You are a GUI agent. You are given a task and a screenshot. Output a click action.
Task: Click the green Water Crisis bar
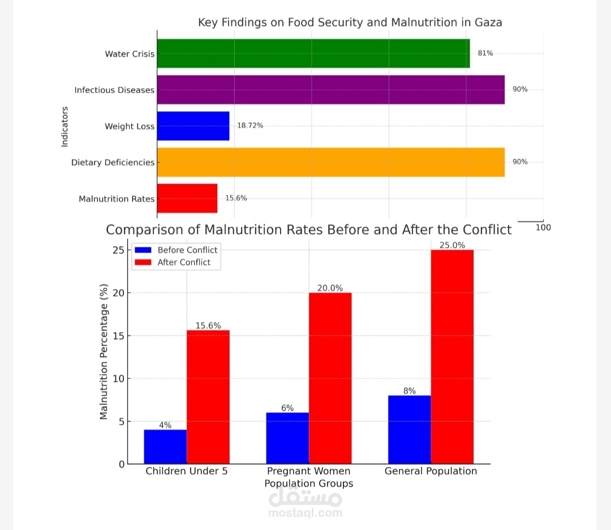(x=313, y=54)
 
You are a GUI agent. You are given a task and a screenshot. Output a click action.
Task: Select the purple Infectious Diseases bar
(x=330, y=90)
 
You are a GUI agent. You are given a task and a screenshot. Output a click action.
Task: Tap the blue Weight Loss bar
(x=193, y=125)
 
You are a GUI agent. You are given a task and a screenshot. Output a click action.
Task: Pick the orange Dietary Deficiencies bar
(x=330, y=162)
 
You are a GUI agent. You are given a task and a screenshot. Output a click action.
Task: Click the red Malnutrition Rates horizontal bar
(x=187, y=198)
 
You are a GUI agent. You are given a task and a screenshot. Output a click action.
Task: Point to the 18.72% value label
(x=250, y=125)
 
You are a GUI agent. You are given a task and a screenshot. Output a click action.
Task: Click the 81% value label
(x=485, y=53)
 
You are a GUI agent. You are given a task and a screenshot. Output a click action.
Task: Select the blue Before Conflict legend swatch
(x=144, y=250)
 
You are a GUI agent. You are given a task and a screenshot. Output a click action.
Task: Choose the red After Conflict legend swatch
(x=144, y=262)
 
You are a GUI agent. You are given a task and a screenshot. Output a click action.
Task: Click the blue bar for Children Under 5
(x=165, y=446)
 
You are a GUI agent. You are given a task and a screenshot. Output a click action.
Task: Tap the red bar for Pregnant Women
(x=330, y=378)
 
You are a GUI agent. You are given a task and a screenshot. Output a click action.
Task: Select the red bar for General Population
(x=452, y=357)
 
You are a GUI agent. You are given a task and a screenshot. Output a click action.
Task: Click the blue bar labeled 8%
(x=410, y=429)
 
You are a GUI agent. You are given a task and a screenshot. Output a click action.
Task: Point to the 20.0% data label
(x=330, y=288)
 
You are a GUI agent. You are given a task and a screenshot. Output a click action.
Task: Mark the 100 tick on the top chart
(x=543, y=227)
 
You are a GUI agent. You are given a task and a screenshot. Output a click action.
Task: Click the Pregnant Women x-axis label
(x=308, y=471)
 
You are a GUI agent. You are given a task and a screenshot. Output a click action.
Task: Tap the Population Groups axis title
(x=309, y=484)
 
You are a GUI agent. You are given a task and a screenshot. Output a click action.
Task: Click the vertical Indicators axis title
(x=64, y=127)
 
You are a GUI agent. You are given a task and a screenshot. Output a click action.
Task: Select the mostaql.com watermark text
(x=305, y=513)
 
